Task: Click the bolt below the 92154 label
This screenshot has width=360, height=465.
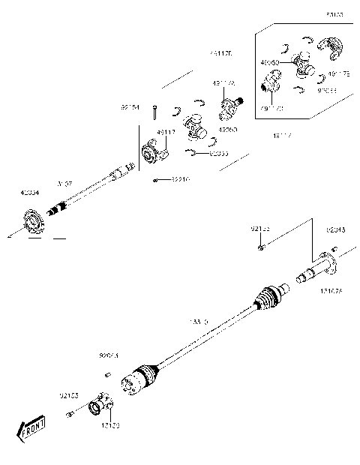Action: (154, 113)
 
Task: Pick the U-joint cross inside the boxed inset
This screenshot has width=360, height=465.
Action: (304, 65)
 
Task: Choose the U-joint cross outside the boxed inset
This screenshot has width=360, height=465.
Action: (197, 125)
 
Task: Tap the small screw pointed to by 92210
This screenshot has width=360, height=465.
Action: (154, 181)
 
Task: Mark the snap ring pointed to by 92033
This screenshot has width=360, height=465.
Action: (192, 153)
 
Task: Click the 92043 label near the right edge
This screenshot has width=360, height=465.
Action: (335, 229)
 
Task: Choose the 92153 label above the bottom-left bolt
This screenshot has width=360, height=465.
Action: (71, 393)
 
